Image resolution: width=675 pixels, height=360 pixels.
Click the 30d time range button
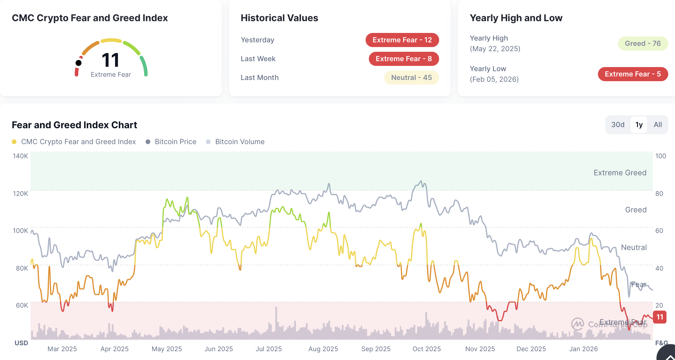coord(618,125)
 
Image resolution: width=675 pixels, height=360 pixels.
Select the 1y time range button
coord(639,125)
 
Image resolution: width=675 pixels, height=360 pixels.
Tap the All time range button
coord(658,125)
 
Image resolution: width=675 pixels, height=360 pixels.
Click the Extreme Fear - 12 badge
coord(402,40)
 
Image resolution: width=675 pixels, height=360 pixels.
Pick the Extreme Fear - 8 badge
coord(404,59)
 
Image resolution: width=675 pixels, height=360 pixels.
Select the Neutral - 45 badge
coord(411,78)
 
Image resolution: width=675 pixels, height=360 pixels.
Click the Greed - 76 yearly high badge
coord(643,44)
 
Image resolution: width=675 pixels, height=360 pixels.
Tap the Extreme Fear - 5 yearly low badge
coord(633,74)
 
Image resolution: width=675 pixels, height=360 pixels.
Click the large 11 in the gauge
coord(110,60)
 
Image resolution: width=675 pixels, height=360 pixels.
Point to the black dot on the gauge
coord(79,63)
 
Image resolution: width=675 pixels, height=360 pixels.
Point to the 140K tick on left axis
coord(20,156)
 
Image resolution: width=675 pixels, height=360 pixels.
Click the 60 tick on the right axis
coord(659,231)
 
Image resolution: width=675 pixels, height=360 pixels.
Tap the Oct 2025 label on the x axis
coord(426,349)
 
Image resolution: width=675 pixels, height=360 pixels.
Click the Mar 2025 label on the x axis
coord(62,349)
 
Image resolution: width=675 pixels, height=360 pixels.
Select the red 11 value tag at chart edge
coord(660,317)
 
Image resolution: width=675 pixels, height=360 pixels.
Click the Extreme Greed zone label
coord(620,173)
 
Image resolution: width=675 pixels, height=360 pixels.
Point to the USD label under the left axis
coord(21,343)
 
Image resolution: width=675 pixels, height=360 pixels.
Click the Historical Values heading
coord(279,18)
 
